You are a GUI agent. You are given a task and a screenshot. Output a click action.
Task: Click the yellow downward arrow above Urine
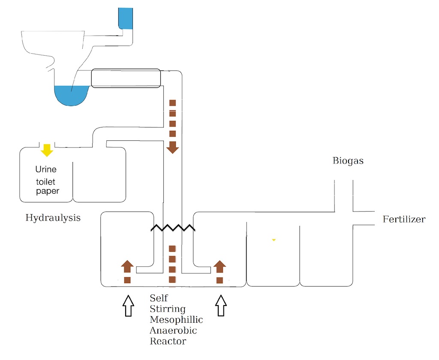click(46, 151)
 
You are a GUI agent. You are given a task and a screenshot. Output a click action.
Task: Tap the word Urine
click(46, 169)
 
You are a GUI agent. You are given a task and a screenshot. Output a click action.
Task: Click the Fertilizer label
click(404, 220)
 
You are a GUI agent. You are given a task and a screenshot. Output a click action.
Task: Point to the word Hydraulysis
click(53, 218)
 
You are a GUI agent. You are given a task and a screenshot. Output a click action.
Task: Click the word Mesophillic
click(176, 320)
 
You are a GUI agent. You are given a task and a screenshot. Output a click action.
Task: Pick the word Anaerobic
click(173, 331)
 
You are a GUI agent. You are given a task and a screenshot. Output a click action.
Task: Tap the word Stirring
click(168, 309)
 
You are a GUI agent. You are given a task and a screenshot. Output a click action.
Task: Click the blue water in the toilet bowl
click(71, 95)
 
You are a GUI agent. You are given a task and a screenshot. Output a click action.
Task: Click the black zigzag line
click(173, 228)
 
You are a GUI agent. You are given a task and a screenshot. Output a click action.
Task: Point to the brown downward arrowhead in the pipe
click(172, 148)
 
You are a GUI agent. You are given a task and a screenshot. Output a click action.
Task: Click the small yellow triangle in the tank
click(274, 240)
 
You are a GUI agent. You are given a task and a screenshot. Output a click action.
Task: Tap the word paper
click(47, 191)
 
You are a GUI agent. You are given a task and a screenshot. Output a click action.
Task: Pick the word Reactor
click(168, 342)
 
